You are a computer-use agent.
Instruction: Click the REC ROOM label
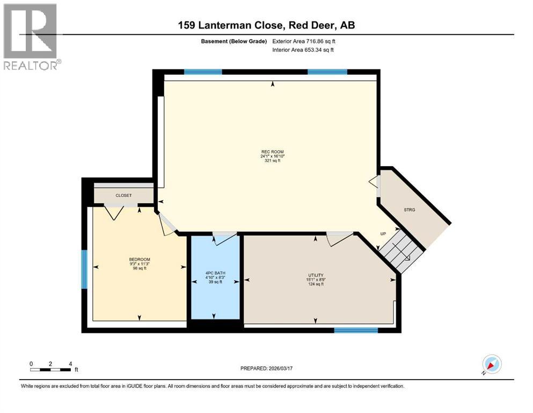pos(272,152)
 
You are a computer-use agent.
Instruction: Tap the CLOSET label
pos(123,196)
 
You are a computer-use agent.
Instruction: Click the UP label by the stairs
pos(383,234)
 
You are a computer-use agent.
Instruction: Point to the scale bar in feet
pos(51,369)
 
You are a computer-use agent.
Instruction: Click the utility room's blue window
pos(352,330)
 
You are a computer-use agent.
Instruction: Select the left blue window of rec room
pos(203,72)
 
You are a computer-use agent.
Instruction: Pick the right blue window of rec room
pos(327,72)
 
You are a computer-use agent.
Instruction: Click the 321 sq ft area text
pos(272,161)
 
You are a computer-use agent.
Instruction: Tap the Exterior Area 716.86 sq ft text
pos(306,41)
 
